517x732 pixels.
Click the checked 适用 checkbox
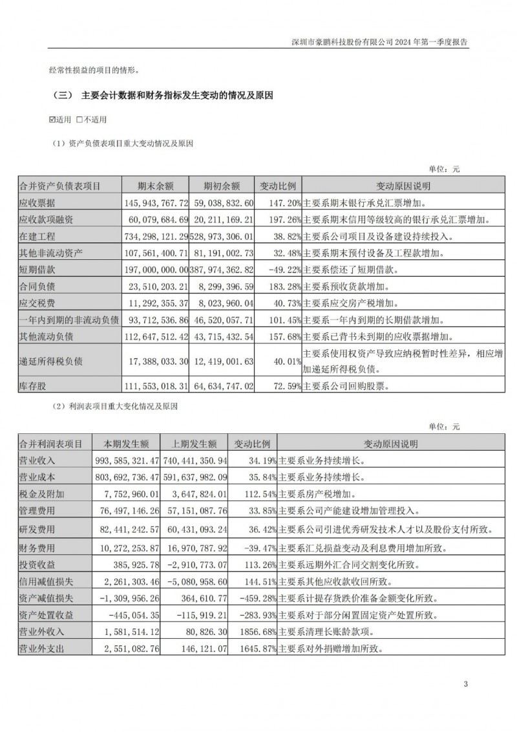pyautogui.click(x=53, y=120)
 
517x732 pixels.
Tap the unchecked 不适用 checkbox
pyautogui.click(x=79, y=120)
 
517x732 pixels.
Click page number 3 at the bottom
pyautogui.click(x=465, y=684)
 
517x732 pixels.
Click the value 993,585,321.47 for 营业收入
pyautogui.click(x=127, y=460)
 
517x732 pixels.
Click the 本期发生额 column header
pyautogui.click(x=127, y=444)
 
